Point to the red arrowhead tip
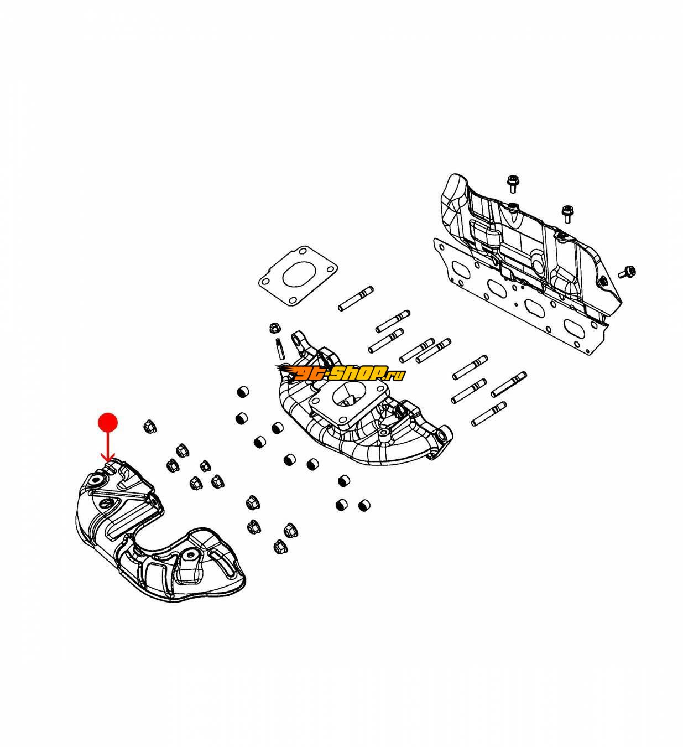[108, 459]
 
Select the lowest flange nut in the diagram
[278, 548]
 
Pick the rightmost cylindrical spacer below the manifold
[364, 505]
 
